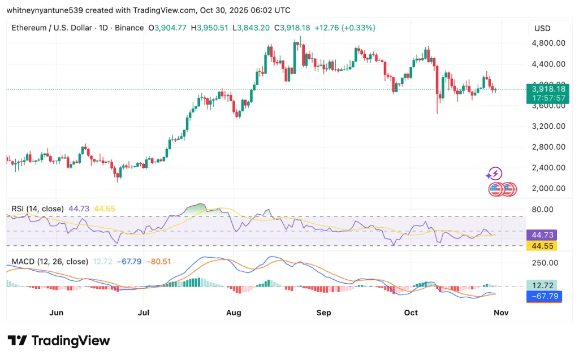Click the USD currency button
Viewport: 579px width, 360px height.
542,28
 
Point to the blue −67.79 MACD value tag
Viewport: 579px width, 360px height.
543,296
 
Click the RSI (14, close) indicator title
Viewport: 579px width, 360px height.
38,209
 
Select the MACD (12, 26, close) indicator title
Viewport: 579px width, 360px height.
50,262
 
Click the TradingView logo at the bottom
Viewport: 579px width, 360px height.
59,341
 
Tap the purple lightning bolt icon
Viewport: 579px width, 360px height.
495,174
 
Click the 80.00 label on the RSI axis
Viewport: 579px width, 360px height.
546,209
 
